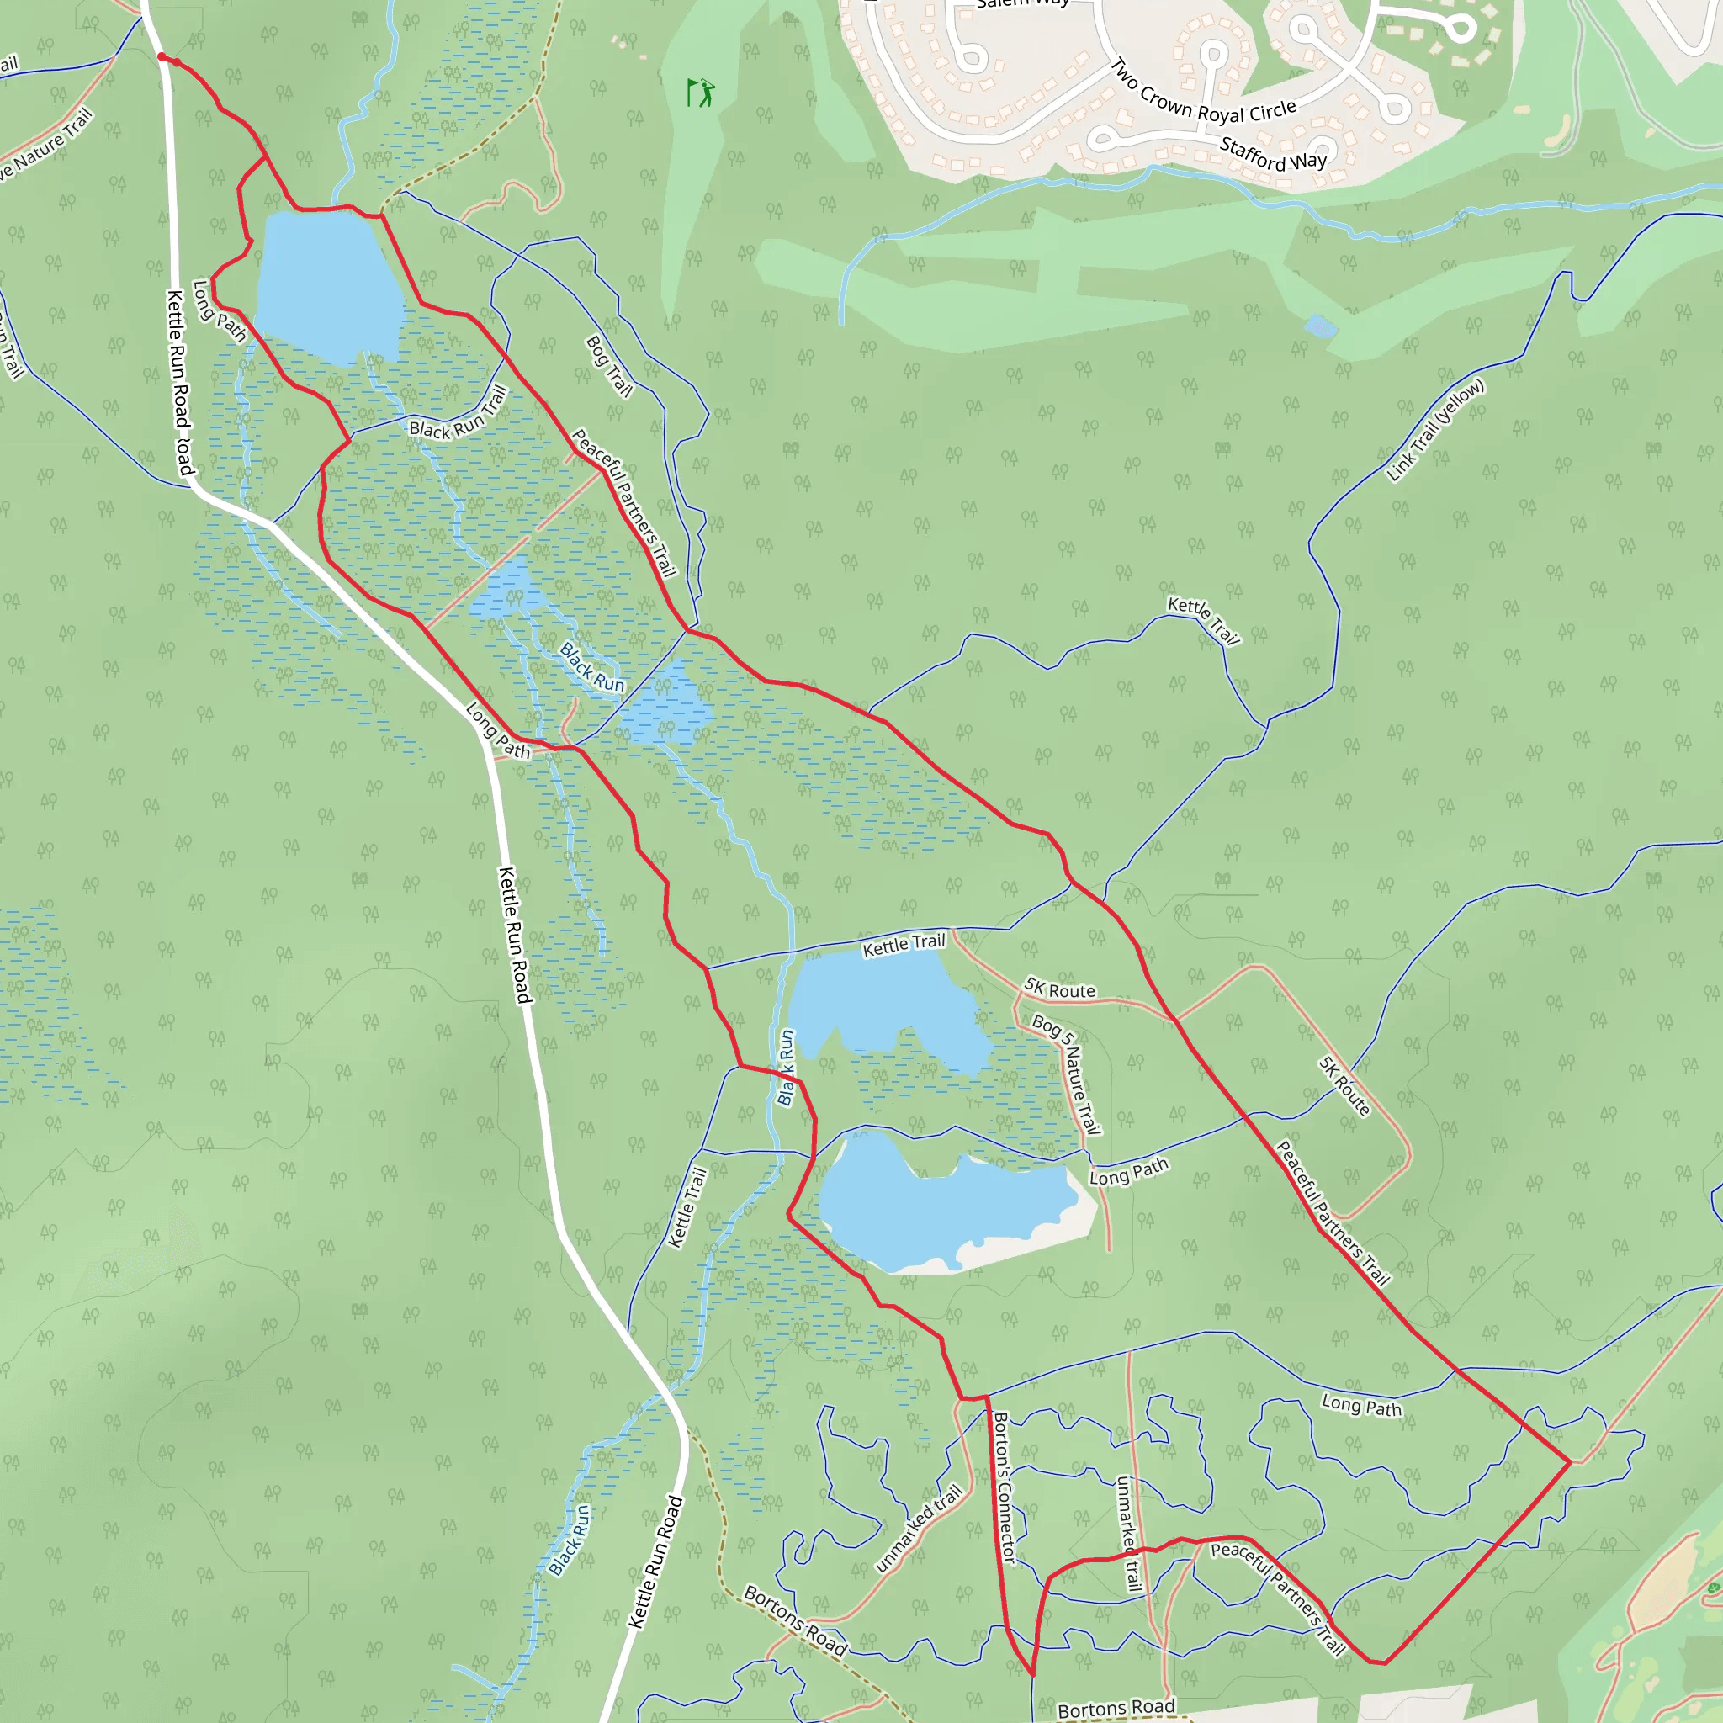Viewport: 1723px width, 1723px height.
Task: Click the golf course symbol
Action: point(701,92)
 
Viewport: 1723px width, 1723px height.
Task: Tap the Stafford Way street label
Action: point(1273,153)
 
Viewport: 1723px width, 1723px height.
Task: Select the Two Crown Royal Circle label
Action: point(1204,93)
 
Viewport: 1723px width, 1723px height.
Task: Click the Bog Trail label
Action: point(609,367)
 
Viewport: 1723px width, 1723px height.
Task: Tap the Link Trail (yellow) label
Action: point(1435,430)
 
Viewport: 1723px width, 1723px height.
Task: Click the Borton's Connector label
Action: point(1005,1487)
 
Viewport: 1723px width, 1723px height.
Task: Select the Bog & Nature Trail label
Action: point(1067,1074)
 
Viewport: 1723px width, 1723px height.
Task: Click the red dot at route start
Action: point(162,57)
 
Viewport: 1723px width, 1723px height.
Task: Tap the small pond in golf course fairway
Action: point(1320,327)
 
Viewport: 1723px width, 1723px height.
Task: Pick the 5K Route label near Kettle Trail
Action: point(1059,989)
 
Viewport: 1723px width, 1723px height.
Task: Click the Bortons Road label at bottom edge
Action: point(1116,1707)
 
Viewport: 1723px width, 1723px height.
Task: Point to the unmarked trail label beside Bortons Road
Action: point(919,1528)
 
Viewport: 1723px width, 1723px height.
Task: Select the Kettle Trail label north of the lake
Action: point(904,945)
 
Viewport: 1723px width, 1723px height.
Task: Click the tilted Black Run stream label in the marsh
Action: point(592,667)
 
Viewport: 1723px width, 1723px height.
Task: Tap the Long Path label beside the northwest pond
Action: point(219,311)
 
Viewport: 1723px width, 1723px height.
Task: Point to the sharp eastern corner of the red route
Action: point(1570,1462)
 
